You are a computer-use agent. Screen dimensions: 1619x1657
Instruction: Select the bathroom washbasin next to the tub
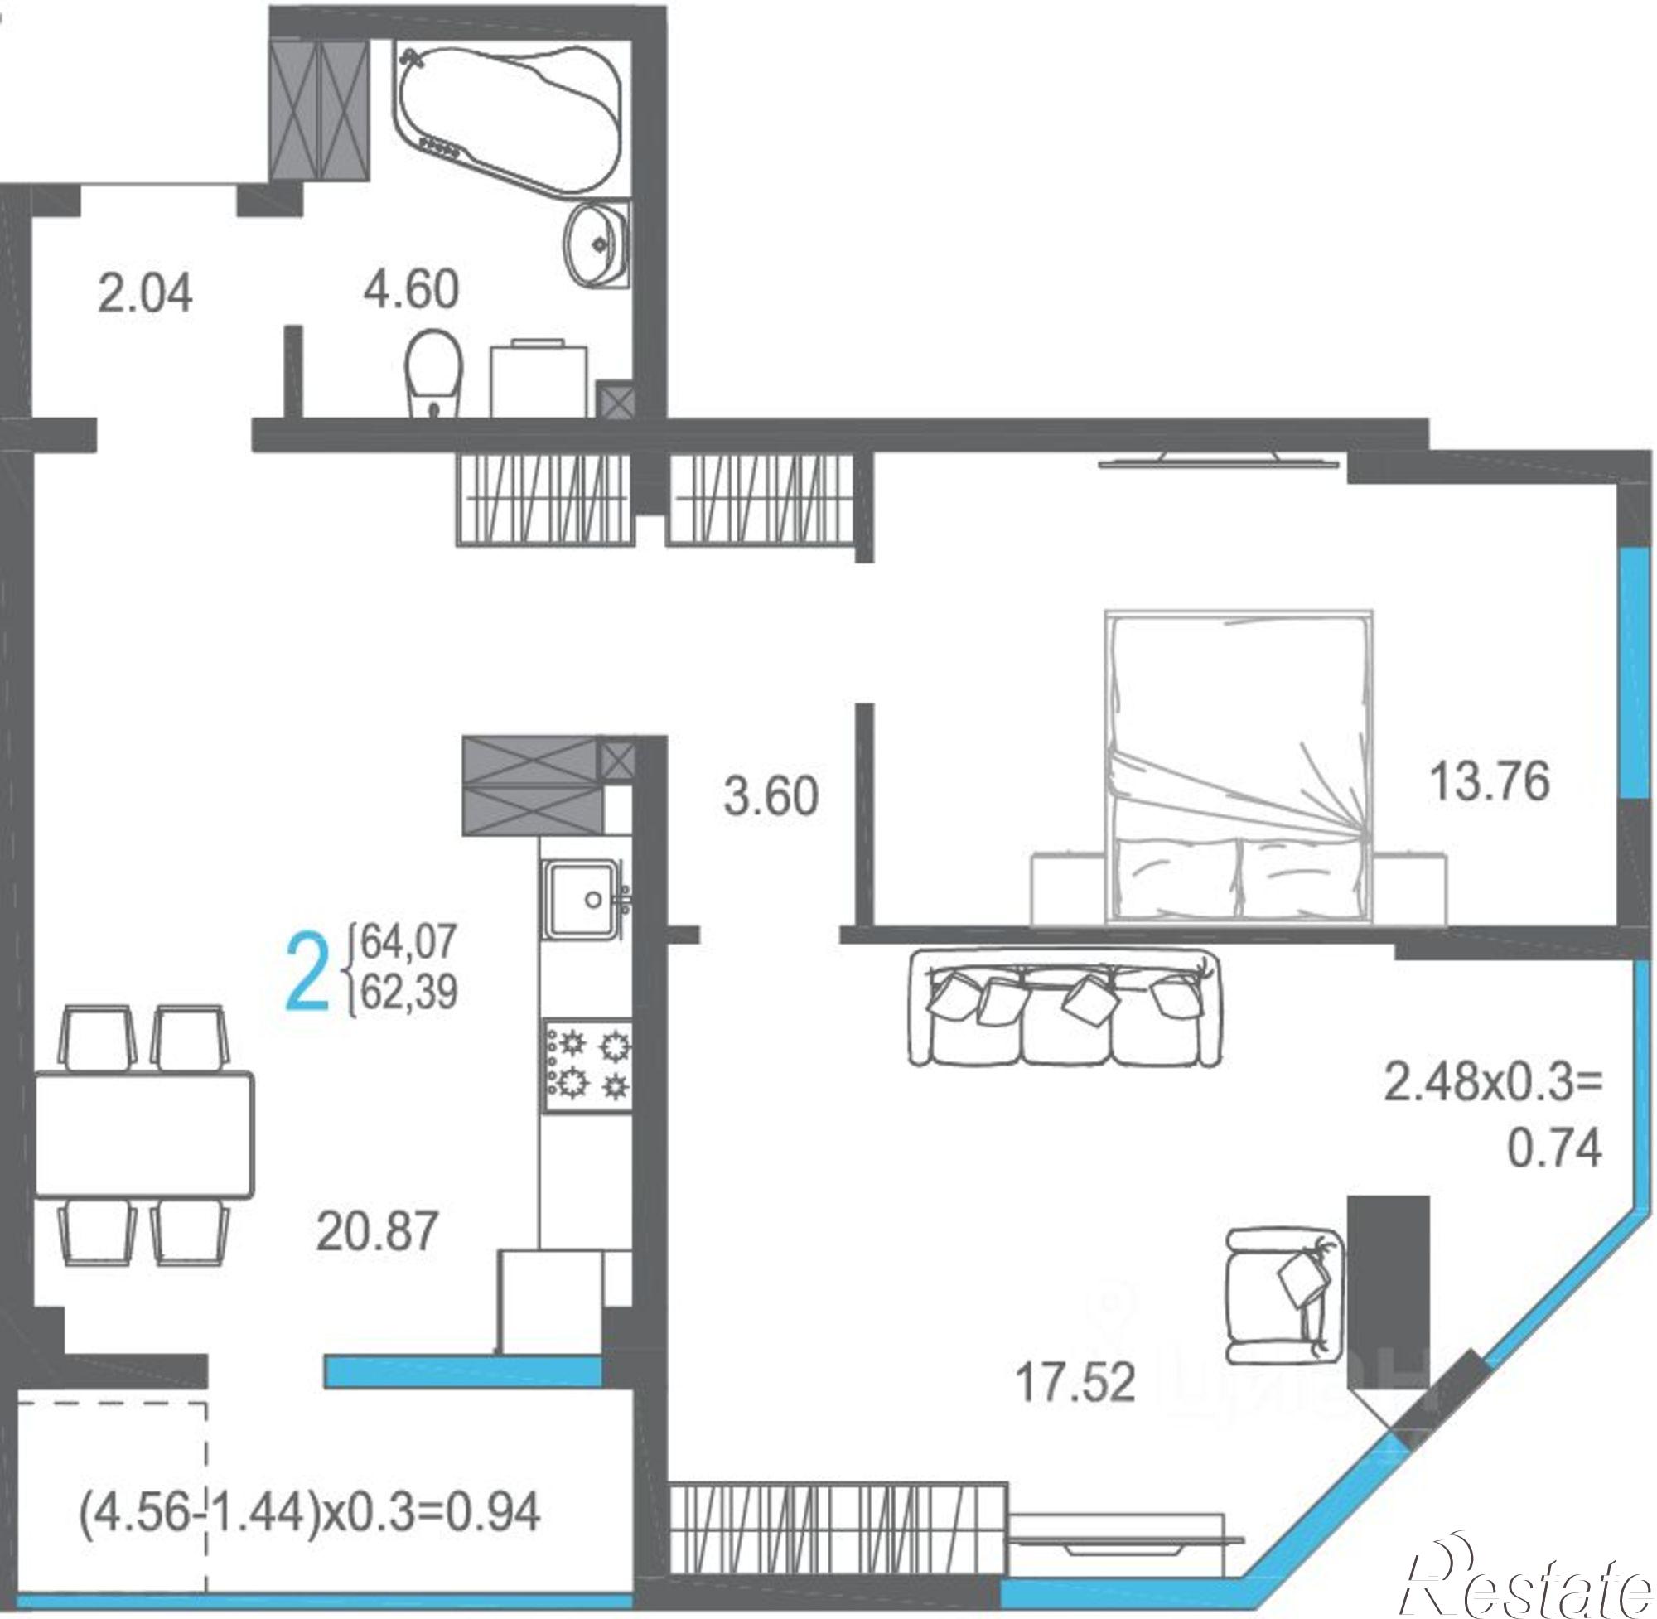[x=597, y=246]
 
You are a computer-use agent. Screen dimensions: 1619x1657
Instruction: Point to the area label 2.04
[x=144, y=294]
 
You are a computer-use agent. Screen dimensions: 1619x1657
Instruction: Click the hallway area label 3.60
[x=771, y=797]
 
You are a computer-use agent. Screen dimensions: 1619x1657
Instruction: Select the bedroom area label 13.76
[x=1489, y=781]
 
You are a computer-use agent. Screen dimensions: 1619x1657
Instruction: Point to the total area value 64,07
[x=409, y=942]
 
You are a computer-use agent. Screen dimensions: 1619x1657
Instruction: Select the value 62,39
[x=409, y=991]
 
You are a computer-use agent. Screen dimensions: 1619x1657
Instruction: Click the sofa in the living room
[x=1065, y=1008]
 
